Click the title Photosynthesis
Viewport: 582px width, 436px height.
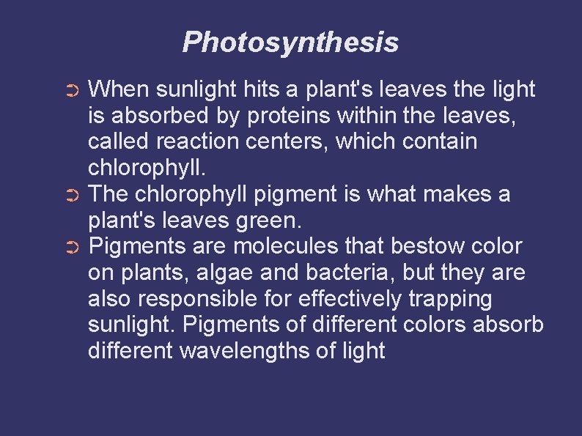click(x=290, y=43)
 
